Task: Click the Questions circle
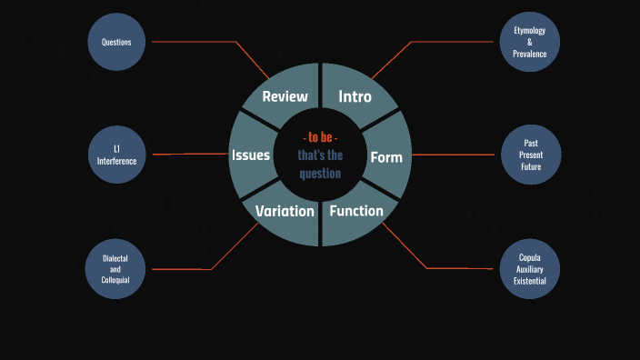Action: click(116, 42)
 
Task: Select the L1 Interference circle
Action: click(116, 155)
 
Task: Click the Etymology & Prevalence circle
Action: click(529, 42)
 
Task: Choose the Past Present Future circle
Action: click(530, 155)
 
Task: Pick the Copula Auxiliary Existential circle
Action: click(529, 269)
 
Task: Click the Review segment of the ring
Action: click(285, 96)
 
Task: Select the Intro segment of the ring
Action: click(355, 96)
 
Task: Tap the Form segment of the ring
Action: click(385, 156)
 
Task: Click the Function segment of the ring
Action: click(355, 211)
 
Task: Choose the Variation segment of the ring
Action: click(285, 211)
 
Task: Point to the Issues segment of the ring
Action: click(251, 155)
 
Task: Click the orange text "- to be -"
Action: click(320, 137)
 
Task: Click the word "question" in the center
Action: click(320, 173)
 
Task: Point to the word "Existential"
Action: click(529, 281)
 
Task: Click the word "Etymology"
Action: click(529, 30)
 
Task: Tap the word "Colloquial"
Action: click(115, 281)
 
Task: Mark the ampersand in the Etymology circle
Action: click(529, 42)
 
